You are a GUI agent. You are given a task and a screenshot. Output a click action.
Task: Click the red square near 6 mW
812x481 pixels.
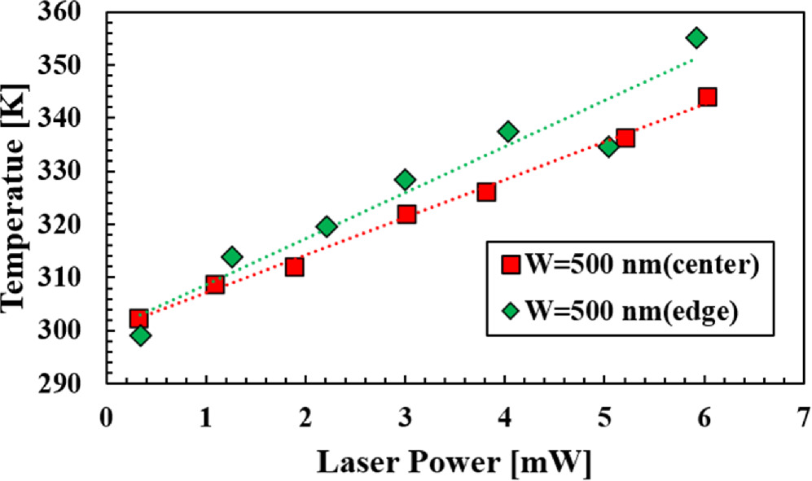click(x=707, y=97)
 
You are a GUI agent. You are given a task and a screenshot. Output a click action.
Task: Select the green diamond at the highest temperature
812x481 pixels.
click(x=696, y=38)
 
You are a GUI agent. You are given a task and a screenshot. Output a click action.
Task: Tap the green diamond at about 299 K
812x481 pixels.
click(x=140, y=335)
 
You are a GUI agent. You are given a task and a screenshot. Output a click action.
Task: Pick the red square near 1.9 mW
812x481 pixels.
click(x=294, y=266)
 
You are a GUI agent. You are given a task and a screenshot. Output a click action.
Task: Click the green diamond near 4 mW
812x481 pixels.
click(x=508, y=132)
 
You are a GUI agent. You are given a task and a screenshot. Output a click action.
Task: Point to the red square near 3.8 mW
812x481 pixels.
click(x=486, y=192)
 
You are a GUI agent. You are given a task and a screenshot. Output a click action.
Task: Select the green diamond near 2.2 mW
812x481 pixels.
click(x=327, y=226)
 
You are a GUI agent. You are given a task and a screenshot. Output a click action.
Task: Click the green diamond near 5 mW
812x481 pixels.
click(x=608, y=147)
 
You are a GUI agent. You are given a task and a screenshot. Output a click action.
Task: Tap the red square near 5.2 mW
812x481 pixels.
click(x=625, y=138)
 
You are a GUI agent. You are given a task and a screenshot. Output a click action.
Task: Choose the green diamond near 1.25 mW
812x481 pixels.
click(x=232, y=257)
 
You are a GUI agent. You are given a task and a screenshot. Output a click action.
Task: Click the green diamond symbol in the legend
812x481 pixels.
click(x=511, y=312)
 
